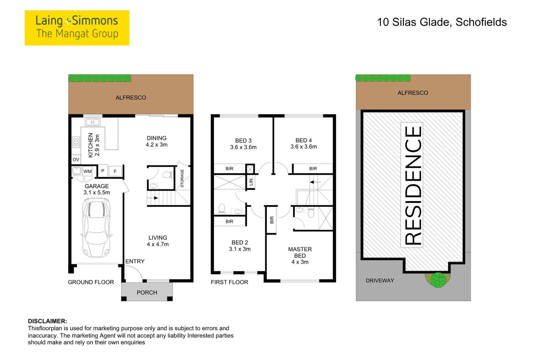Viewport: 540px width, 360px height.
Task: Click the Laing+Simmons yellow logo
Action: point(77,28)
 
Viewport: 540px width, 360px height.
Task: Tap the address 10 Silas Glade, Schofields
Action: point(442,22)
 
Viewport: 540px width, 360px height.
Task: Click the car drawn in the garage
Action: point(96,228)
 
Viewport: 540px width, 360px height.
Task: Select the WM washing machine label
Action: point(88,171)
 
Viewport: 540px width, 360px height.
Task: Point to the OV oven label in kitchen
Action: point(76,160)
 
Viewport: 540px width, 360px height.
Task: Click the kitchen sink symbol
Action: point(93,122)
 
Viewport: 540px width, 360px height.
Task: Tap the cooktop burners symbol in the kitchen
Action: point(76,142)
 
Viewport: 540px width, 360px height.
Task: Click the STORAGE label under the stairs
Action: point(182,178)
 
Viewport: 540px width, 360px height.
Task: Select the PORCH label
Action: point(147,292)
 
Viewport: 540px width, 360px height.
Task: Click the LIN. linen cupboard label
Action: point(251,181)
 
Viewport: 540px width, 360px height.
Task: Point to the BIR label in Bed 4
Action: point(313,169)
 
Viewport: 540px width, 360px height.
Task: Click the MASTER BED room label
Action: point(300,252)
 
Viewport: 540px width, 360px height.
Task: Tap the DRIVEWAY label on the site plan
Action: point(380,281)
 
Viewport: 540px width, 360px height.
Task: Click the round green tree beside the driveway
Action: point(438,280)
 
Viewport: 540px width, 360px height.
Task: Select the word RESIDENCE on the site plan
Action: point(413,185)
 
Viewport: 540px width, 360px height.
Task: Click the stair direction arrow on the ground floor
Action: point(153,198)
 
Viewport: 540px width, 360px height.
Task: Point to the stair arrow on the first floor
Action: point(316,182)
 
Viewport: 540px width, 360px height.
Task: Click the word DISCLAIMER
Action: point(47,321)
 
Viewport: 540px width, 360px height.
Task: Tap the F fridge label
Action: point(115,171)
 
